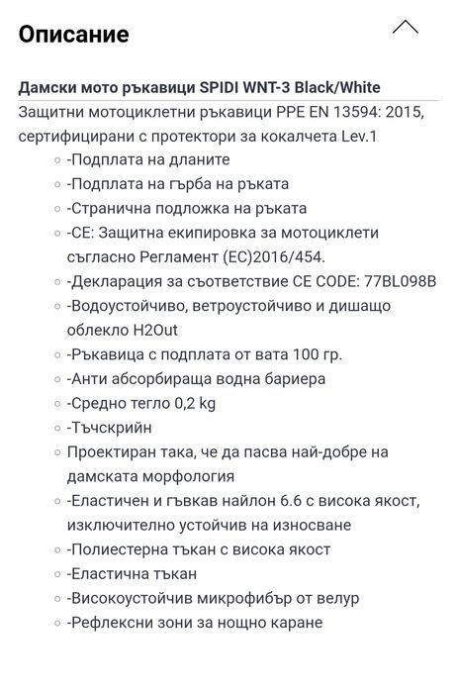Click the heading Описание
[73, 35]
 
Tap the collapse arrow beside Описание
[405, 28]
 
